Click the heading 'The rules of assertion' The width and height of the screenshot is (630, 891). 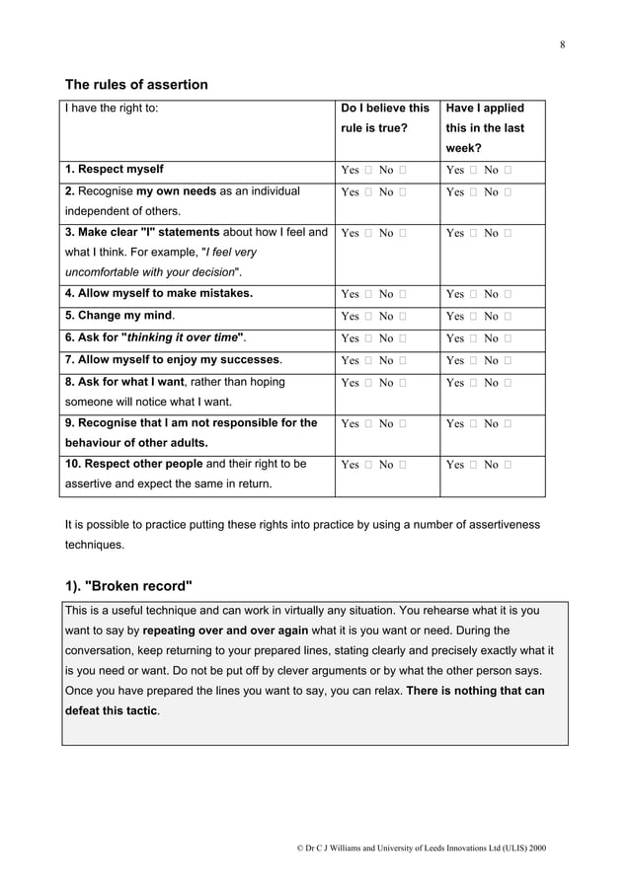pos(136,85)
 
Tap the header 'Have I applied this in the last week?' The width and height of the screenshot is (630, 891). pos(485,128)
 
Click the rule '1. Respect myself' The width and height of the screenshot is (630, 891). pos(115,169)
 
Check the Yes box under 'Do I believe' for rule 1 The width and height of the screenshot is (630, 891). pos(367,170)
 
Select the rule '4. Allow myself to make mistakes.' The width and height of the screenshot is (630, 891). pos(159,293)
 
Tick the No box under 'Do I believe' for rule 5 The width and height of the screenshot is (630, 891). pos(403,316)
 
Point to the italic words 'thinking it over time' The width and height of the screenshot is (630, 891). pos(179,337)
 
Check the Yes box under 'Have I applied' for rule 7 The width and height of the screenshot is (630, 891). pos(473,359)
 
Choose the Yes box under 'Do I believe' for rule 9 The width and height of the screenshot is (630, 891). pos(367,424)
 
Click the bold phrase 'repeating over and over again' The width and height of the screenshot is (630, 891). pos(225,630)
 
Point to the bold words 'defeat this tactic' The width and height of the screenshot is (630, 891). pos(105,710)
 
